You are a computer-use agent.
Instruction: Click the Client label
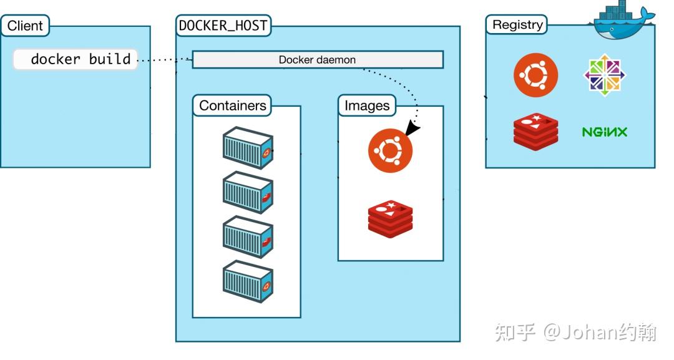(x=25, y=26)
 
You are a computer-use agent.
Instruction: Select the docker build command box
(x=76, y=59)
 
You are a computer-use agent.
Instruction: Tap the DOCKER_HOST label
(x=223, y=26)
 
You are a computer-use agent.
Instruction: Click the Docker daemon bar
(x=317, y=60)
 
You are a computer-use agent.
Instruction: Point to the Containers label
(x=232, y=105)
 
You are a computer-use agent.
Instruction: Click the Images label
(x=367, y=105)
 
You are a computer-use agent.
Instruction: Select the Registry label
(x=517, y=25)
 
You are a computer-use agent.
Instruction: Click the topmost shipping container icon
(x=248, y=148)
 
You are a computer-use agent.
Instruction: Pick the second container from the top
(x=248, y=192)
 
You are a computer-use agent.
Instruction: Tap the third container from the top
(x=248, y=237)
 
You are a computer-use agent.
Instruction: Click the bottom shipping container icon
(x=248, y=281)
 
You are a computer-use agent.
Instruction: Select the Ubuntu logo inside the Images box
(x=390, y=150)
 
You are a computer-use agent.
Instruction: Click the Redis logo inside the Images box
(x=390, y=219)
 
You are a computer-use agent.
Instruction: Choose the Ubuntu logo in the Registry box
(x=535, y=75)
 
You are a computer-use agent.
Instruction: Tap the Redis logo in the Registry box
(x=535, y=132)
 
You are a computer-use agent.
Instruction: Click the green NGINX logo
(x=604, y=132)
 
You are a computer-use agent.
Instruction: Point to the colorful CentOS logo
(x=605, y=75)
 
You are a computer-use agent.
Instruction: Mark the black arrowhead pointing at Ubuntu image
(x=413, y=128)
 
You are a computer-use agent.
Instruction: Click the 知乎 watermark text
(x=515, y=332)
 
